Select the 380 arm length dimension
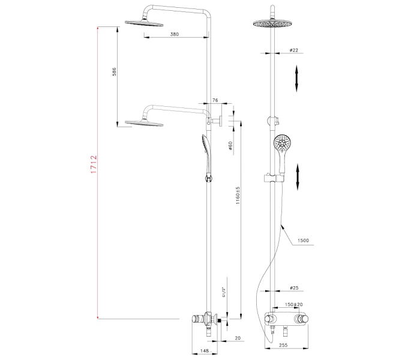coord(174,35)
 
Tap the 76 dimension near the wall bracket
coord(214,101)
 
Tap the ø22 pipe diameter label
coord(294,50)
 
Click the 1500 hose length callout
coord(302,241)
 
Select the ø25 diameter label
coord(295,287)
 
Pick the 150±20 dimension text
coord(294,304)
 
